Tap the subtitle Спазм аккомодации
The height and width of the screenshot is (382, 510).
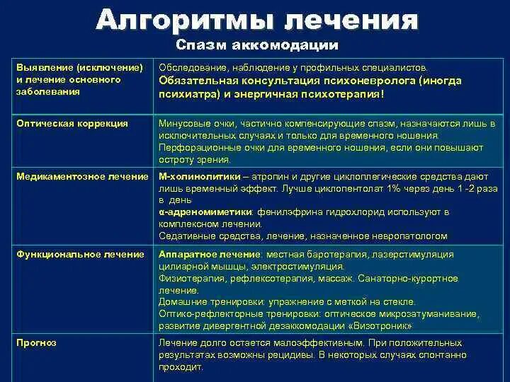coord(256,46)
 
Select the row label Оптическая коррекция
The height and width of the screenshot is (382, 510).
coord(72,123)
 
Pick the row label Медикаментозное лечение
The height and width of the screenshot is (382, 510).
coord(82,176)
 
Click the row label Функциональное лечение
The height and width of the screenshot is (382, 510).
coord(80,254)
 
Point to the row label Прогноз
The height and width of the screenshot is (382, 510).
coord(36,342)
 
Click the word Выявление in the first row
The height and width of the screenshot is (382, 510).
coord(44,67)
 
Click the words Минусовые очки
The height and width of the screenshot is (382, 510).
coord(193,123)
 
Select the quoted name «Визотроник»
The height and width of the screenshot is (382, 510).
coord(380,326)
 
